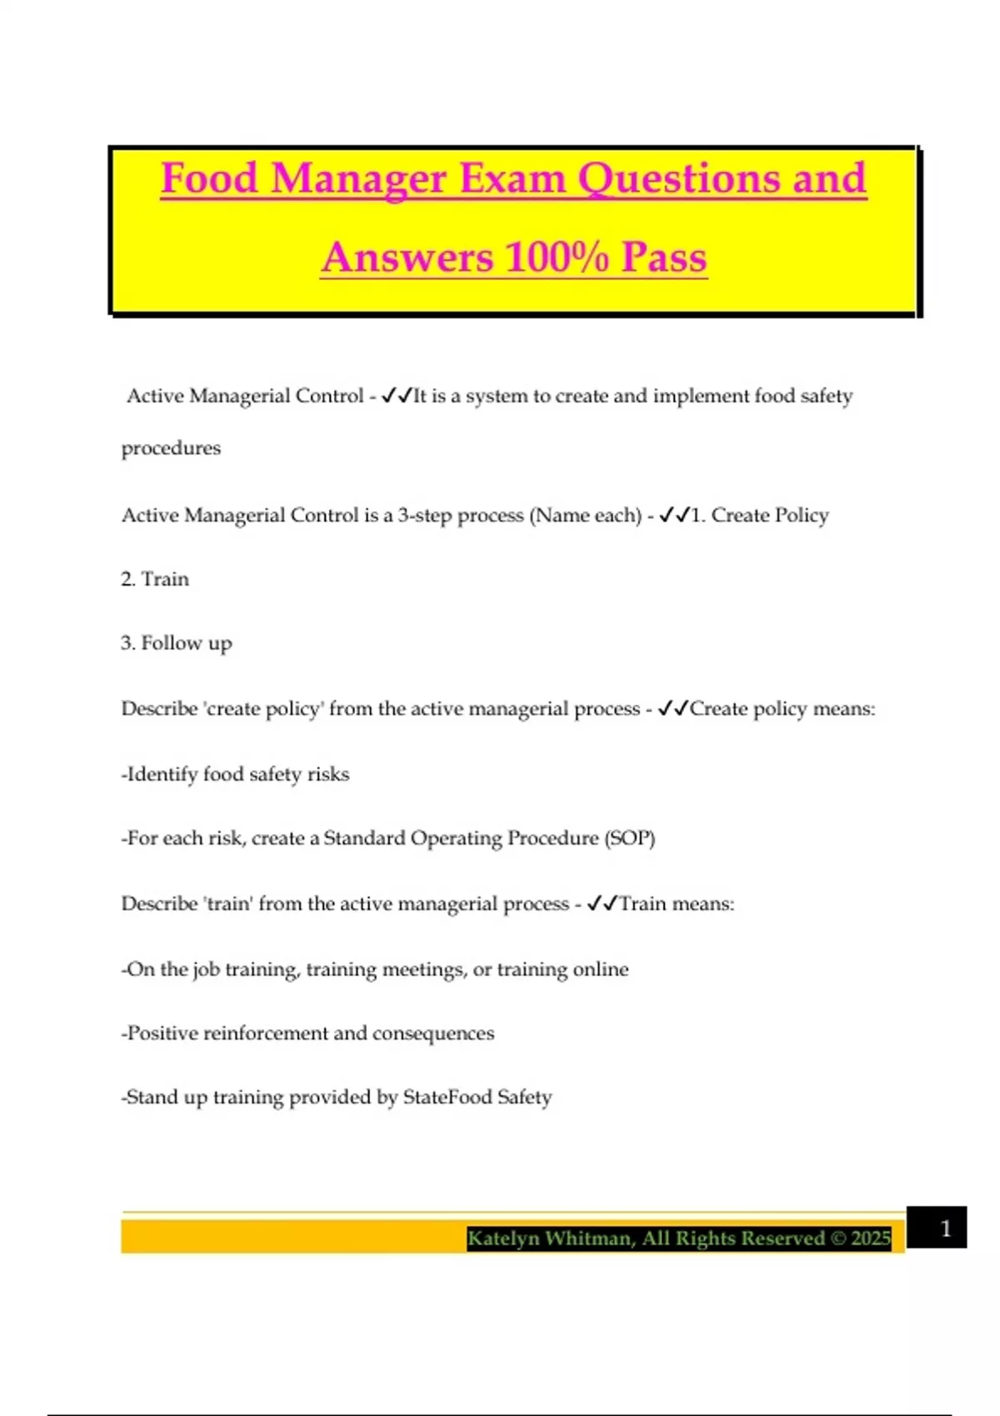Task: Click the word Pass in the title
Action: click(664, 257)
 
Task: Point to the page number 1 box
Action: click(937, 1228)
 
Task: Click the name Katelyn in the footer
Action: click(503, 1239)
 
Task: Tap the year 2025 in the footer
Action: click(871, 1239)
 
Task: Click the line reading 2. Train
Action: click(155, 579)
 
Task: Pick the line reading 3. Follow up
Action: click(176, 643)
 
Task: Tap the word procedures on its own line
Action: click(171, 448)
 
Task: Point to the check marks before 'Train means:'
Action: click(602, 904)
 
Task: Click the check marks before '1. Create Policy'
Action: click(674, 516)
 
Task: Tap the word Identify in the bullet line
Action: click(162, 774)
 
